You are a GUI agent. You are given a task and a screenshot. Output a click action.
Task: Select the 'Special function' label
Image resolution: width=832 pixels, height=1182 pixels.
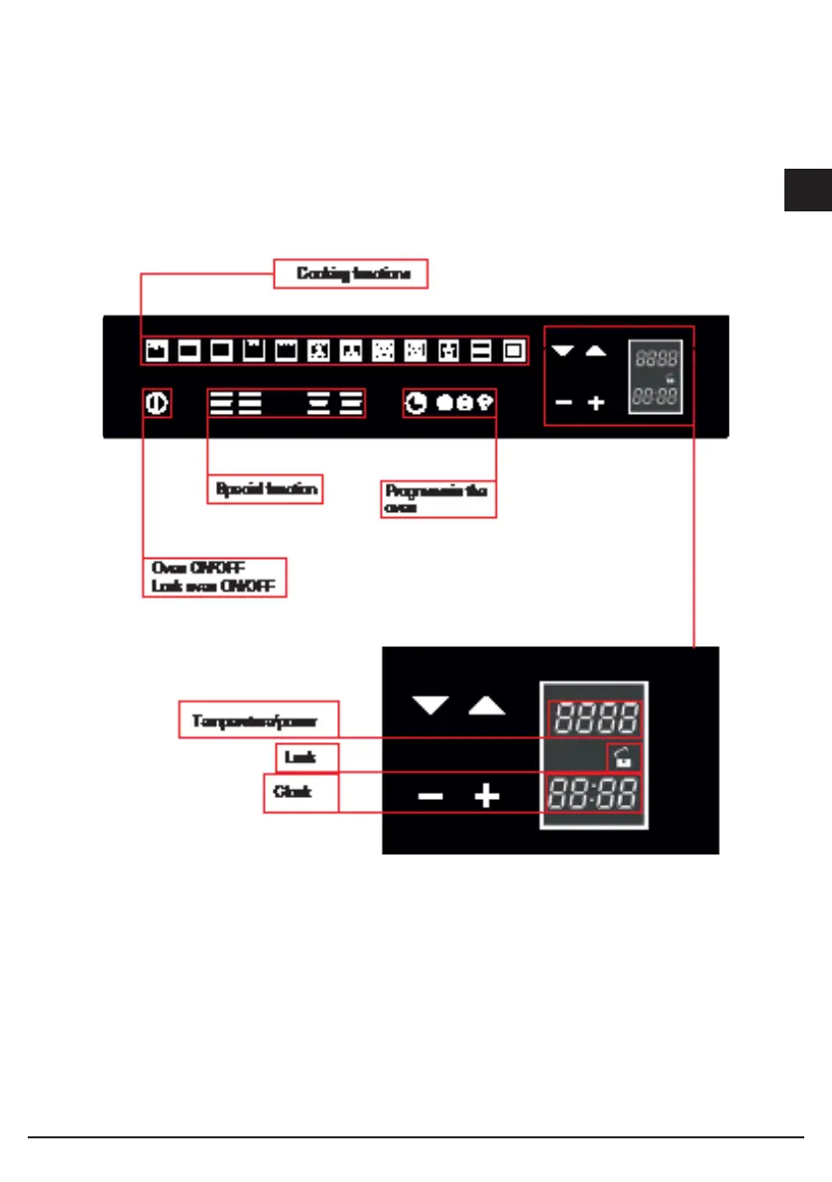[266, 489]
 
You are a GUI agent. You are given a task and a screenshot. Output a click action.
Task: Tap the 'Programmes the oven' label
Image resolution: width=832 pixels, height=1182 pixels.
[437, 498]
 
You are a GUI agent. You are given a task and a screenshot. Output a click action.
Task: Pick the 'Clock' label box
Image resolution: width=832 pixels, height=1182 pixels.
[300, 794]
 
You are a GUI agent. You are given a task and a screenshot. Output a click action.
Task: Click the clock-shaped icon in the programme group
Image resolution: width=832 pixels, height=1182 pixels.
[416, 402]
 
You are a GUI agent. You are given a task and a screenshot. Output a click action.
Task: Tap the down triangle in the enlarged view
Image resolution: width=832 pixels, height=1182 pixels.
[429, 706]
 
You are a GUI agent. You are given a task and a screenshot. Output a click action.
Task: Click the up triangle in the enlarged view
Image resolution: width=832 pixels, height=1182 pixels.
[486, 706]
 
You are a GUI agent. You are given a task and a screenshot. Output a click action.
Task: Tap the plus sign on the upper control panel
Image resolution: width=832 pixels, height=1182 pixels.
[595, 404]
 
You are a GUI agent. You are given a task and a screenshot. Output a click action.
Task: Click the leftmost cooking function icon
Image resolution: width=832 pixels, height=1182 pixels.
[156, 350]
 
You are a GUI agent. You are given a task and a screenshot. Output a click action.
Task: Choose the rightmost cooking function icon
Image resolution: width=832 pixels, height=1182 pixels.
[513, 350]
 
